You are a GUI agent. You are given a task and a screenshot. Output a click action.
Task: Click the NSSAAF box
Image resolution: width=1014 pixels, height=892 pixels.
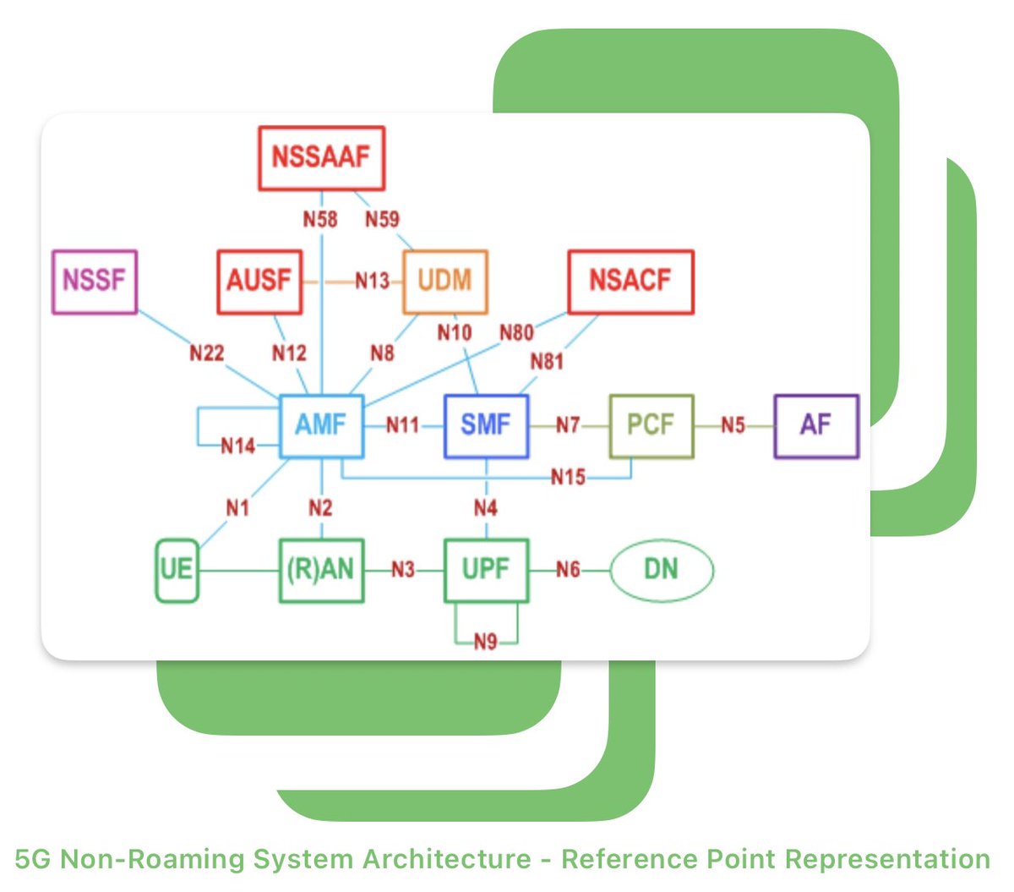321,158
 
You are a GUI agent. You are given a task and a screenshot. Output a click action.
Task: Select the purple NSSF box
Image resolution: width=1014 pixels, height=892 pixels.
95,282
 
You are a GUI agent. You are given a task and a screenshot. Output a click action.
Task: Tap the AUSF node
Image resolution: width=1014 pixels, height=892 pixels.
259,282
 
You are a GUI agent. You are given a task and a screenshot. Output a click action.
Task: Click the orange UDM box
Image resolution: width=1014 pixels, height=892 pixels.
445,282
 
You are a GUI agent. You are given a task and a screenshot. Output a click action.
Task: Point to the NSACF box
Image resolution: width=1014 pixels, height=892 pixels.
630,282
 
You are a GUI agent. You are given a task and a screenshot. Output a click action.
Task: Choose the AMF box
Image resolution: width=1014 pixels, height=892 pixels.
321,426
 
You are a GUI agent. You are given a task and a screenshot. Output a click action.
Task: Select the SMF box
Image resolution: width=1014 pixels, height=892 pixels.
487,426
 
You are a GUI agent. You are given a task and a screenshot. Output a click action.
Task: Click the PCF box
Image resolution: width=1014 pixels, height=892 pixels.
651,426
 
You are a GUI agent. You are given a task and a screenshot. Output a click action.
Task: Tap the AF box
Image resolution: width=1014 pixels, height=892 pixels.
816,426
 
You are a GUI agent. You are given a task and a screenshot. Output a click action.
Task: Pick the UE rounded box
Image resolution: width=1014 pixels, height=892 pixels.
177,571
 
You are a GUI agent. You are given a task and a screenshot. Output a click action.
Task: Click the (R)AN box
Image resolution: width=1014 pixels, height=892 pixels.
321,571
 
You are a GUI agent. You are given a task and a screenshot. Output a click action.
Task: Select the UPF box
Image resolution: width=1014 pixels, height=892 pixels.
487,571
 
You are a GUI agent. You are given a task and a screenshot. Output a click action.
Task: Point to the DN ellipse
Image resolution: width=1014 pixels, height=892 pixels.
662,571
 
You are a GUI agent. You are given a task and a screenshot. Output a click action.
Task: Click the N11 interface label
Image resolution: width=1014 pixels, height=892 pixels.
402,425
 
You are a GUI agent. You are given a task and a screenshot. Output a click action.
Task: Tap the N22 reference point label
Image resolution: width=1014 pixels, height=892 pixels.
207,353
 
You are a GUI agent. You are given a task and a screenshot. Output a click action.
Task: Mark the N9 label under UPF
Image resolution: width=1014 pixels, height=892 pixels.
486,642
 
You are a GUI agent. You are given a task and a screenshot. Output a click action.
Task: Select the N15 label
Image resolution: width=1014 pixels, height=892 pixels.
568,478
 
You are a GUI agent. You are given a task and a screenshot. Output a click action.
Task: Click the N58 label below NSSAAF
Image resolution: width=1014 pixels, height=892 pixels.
320,219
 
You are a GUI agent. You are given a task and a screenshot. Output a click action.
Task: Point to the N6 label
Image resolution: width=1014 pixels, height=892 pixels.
568,570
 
